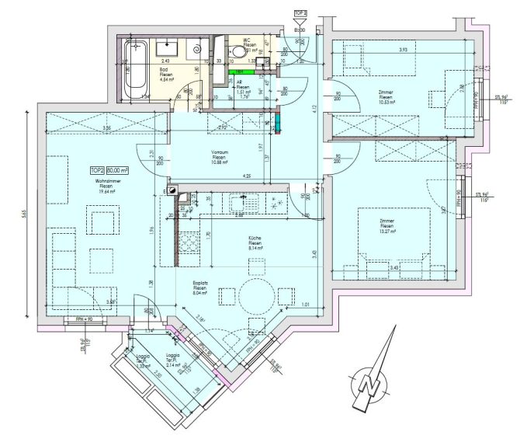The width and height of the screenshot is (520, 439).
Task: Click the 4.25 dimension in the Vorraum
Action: [x=224, y=176]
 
